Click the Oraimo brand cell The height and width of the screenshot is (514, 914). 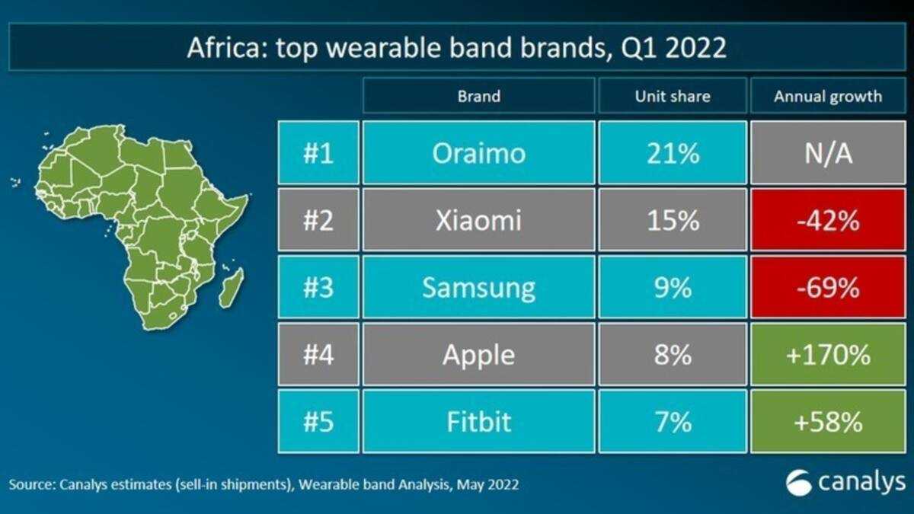tap(478, 152)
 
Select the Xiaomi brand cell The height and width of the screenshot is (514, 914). tap(478, 219)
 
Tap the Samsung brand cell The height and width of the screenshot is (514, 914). tap(478, 287)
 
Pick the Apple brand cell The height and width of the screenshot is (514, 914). tap(478, 354)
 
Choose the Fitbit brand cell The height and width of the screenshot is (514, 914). tap(478, 421)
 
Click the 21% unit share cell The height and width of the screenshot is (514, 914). tap(673, 152)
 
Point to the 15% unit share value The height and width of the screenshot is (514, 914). tap(673, 220)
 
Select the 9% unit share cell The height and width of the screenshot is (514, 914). tap(673, 287)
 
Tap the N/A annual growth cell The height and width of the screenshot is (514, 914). tap(828, 152)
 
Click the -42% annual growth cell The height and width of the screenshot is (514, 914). tap(828, 219)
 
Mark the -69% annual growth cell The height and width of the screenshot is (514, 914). tap(828, 287)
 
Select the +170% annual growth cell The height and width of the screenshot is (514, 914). tap(828, 354)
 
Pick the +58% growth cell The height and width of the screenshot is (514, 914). tap(828, 421)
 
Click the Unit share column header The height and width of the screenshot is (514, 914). tap(673, 95)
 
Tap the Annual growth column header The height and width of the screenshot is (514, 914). tap(828, 95)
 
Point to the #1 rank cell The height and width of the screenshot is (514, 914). tap(318, 152)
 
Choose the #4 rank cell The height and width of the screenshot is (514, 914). tap(318, 354)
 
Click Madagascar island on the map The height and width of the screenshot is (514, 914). tap(232, 288)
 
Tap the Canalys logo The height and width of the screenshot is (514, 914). tap(845, 483)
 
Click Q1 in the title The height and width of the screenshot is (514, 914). tap(638, 48)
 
